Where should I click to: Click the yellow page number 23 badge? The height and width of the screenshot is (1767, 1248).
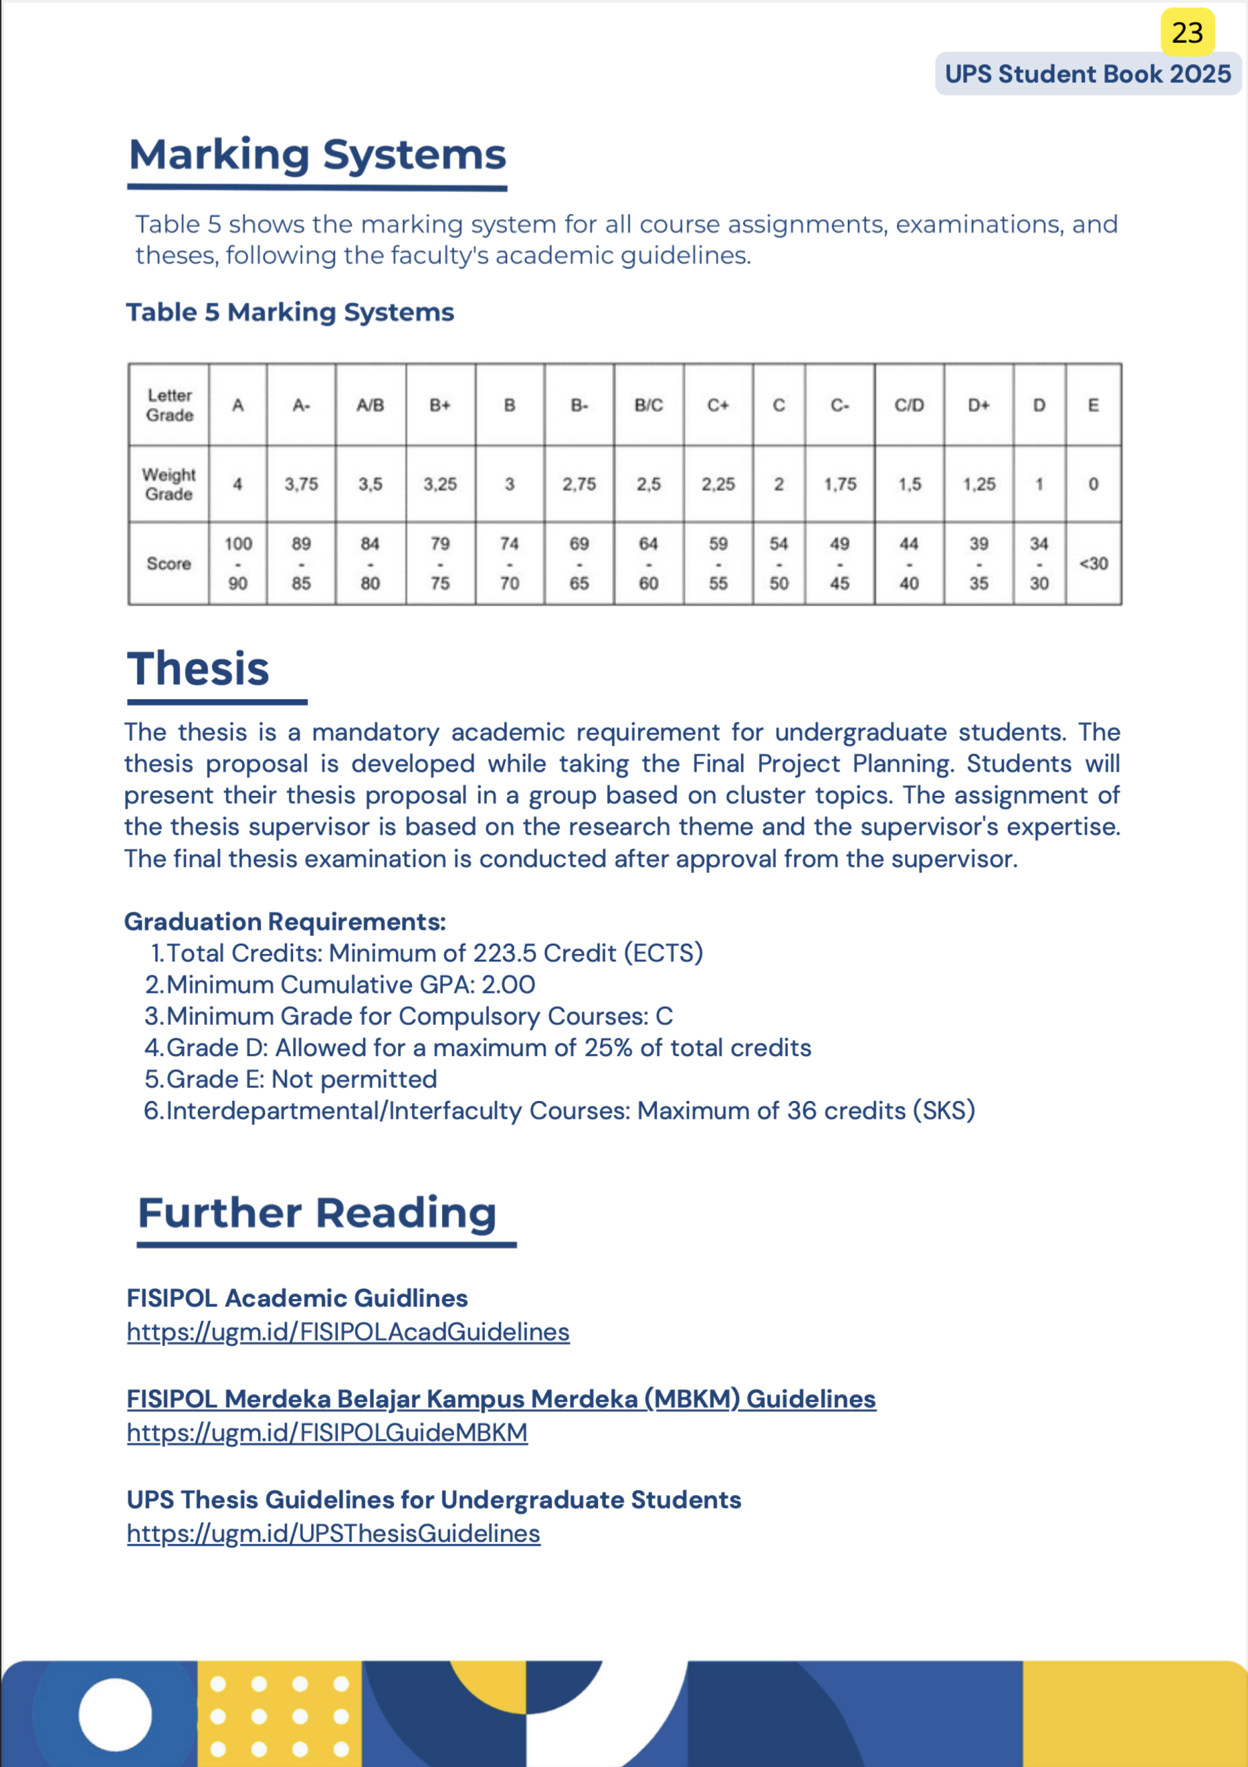[1187, 32]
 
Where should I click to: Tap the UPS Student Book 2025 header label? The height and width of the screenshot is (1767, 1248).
[1087, 74]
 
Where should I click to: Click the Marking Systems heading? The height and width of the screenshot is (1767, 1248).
[317, 155]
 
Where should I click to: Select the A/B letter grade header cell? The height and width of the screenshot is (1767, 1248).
[370, 404]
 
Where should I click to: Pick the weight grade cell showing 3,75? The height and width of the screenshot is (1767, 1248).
[301, 484]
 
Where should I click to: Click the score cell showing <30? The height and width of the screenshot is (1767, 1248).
[1093, 563]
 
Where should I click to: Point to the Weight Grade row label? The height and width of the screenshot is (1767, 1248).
[168, 484]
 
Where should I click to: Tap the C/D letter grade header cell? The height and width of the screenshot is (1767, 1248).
[909, 404]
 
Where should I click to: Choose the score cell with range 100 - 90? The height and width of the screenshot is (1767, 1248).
[238, 563]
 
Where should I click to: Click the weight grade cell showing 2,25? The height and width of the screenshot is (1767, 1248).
[718, 484]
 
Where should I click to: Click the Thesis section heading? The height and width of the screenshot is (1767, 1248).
[199, 668]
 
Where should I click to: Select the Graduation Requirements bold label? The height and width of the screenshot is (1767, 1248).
[285, 921]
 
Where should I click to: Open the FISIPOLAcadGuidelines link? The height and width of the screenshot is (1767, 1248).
[348, 1331]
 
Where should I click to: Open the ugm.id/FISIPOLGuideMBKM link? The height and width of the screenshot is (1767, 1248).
[327, 1432]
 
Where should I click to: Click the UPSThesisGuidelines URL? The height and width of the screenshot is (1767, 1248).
[333, 1533]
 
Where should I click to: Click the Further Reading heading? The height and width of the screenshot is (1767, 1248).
[317, 1213]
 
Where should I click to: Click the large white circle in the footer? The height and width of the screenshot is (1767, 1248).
[115, 1714]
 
